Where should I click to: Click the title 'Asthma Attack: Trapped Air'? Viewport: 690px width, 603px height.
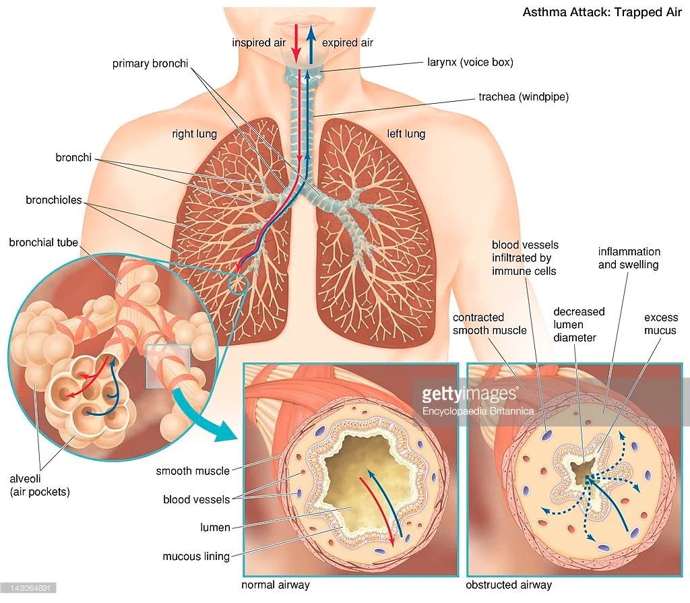602,12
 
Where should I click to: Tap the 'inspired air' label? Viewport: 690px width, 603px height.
259,42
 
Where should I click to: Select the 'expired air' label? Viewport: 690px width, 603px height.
348,42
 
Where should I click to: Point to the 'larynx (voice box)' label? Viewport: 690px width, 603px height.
470,62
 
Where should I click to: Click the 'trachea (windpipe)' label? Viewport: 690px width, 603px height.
524,97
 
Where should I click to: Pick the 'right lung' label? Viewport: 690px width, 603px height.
194,133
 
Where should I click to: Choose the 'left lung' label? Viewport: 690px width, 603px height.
406,133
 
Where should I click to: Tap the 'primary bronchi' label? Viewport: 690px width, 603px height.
150,64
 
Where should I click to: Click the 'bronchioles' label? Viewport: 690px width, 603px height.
54,200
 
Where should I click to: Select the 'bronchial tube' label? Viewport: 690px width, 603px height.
44,242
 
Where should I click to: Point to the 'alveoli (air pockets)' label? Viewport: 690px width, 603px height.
39,485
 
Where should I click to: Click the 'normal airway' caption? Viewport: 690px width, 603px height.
276,585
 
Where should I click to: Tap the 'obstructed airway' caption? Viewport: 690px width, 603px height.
509,585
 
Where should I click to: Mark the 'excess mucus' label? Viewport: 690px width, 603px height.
660,324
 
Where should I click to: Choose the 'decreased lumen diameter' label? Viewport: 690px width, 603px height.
579,324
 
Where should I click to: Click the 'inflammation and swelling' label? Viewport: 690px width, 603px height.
628,258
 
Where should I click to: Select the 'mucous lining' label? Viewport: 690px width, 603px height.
196,557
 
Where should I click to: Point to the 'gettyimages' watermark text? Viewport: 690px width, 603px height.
462,394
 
